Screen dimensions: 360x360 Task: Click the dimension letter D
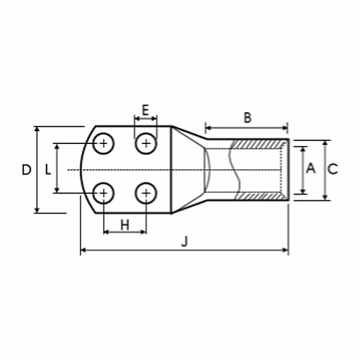(27, 170)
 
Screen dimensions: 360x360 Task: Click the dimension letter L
(48, 170)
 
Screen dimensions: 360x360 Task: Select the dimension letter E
(145, 110)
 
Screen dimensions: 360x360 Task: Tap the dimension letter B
(248, 117)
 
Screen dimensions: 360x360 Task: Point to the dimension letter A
(311, 168)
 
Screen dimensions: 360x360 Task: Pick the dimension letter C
(333, 168)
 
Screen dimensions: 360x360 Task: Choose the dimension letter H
(125, 225)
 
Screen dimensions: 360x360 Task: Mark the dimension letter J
(184, 241)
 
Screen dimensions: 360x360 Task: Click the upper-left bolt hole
(104, 143)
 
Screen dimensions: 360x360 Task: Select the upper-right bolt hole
(146, 143)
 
